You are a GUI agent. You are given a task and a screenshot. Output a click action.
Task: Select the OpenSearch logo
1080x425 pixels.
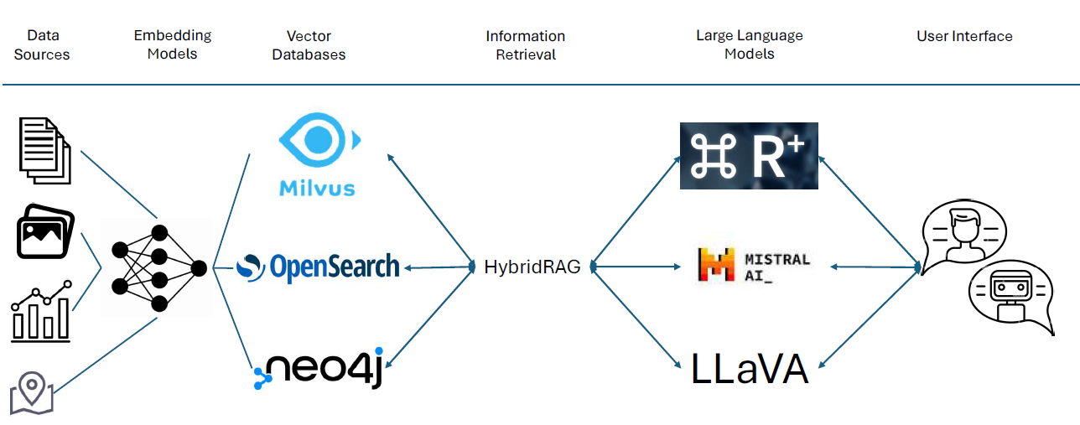[x=318, y=267]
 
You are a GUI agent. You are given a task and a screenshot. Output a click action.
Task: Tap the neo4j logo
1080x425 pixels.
[x=319, y=370]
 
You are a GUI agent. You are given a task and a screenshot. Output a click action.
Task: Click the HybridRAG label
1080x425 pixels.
[x=532, y=267]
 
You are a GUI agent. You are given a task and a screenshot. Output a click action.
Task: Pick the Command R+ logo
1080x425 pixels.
[x=748, y=156]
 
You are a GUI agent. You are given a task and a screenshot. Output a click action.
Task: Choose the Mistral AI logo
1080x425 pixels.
[x=754, y=265]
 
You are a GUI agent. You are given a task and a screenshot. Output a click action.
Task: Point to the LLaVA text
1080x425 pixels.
[x=750, y=370]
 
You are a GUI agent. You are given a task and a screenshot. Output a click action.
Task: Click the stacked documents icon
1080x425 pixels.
[x=44, y=150]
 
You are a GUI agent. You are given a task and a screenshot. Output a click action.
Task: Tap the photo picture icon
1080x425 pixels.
[x=44, y=234]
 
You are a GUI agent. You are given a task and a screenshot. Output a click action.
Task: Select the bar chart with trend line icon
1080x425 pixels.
[x=41, y=314]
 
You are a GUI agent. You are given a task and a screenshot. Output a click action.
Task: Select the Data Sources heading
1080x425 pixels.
[x=42, y=45]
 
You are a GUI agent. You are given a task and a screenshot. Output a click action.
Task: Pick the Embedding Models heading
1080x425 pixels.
[x=173, y=44]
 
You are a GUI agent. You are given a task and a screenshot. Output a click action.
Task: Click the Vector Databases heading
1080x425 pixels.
[x=309, y=45]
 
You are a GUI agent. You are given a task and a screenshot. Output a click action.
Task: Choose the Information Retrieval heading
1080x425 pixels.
[x=526, y=45]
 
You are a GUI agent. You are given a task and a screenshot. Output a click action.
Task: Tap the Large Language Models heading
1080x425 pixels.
[x=750, y=44]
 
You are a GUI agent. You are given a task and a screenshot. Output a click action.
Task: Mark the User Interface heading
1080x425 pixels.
[x=964, y=36]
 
